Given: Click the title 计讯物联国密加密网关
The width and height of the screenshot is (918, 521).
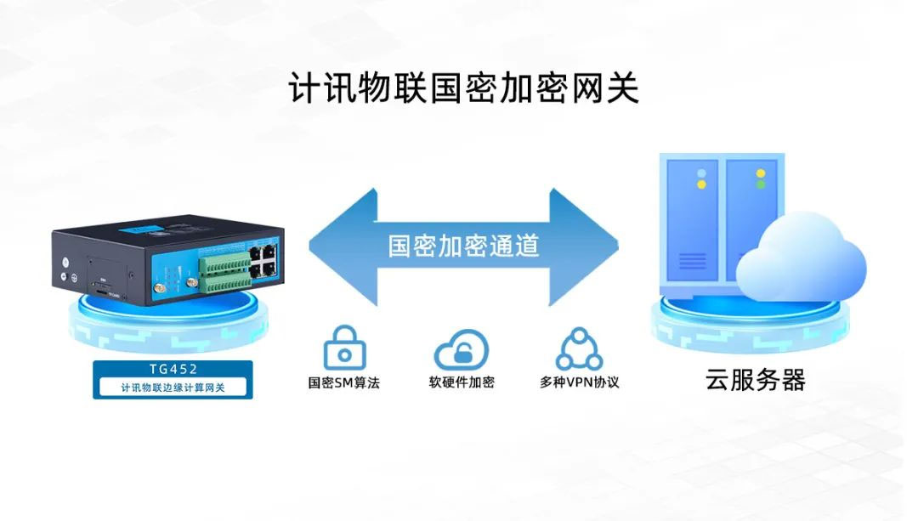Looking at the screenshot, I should pos(463,88).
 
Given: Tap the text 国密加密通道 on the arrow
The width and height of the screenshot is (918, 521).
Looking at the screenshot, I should pos(463,246).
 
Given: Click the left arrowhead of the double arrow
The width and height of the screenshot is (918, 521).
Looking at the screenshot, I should pos(340,246).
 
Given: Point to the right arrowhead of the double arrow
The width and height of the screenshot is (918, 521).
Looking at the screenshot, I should pos(586,246).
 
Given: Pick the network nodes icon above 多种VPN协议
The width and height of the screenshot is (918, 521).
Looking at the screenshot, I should pos(579,348).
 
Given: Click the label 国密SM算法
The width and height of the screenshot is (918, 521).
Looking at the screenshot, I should pos(344,382).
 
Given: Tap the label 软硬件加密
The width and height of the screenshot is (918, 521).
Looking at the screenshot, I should pos(462,382).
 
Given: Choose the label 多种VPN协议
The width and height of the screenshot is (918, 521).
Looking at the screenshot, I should pos(579,382).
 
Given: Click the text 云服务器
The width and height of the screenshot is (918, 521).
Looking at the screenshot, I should pos(755,380).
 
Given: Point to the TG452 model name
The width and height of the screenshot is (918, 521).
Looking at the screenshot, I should pos(173,371).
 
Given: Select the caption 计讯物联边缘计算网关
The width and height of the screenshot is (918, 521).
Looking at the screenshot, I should pos(173,388).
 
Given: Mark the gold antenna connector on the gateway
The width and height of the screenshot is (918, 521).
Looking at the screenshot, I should pos(159,293).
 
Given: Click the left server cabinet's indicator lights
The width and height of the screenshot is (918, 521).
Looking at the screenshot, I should pos(702,178).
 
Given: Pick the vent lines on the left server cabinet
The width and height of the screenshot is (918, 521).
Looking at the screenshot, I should pos(692,260).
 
